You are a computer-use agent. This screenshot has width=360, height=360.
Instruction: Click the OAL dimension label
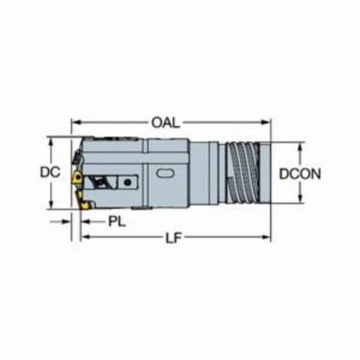[166, 122]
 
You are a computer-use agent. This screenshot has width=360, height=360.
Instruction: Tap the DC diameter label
[50, 172]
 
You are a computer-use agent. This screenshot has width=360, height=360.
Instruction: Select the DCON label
[300, 174]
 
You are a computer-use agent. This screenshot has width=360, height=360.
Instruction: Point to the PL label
[117, 222]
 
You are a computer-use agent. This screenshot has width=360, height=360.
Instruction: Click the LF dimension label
[174, 238]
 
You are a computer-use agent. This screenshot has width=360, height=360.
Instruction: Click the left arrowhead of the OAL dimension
[76, 122]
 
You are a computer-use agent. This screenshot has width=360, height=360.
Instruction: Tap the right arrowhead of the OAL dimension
[266, 122]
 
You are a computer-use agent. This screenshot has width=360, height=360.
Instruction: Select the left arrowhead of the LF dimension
[86, 237]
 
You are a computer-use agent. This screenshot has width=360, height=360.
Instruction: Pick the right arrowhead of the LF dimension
[266, 237]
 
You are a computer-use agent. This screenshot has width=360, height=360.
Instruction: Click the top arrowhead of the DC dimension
[50, 142]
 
